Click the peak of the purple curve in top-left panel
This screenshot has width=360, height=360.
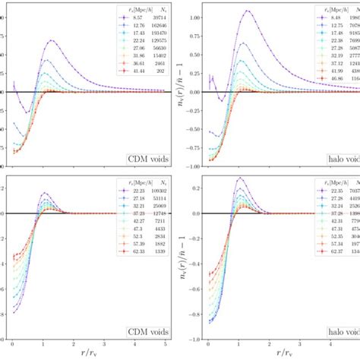click(x=51, y=40)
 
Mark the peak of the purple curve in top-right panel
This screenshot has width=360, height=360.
click(x=247, y=11)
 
